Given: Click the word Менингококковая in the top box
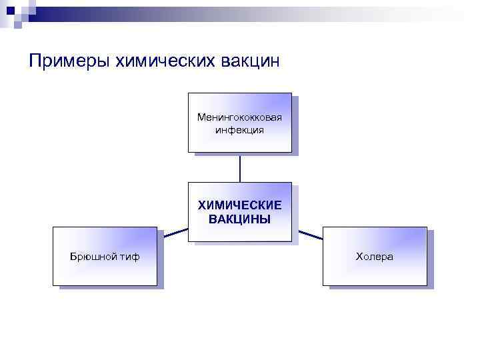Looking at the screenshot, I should [x=239, y=117].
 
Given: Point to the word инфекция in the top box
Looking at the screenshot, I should [x=239, y=129].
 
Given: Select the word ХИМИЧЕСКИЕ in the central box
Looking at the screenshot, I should [x=239, y=206].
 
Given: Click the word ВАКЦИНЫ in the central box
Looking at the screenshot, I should [x=239, y=219].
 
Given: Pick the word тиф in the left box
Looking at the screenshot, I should [x=131, y=257].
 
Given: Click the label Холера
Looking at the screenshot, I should [x=374, y=257].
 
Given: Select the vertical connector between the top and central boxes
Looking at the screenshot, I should [x=240, y=167].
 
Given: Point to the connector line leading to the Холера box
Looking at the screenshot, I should [x=310, y=234].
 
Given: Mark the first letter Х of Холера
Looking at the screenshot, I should [x=359, y=257].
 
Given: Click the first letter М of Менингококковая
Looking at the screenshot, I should [x=201, y=117].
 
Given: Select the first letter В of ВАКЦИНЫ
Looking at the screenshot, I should [x=213, y=219].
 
